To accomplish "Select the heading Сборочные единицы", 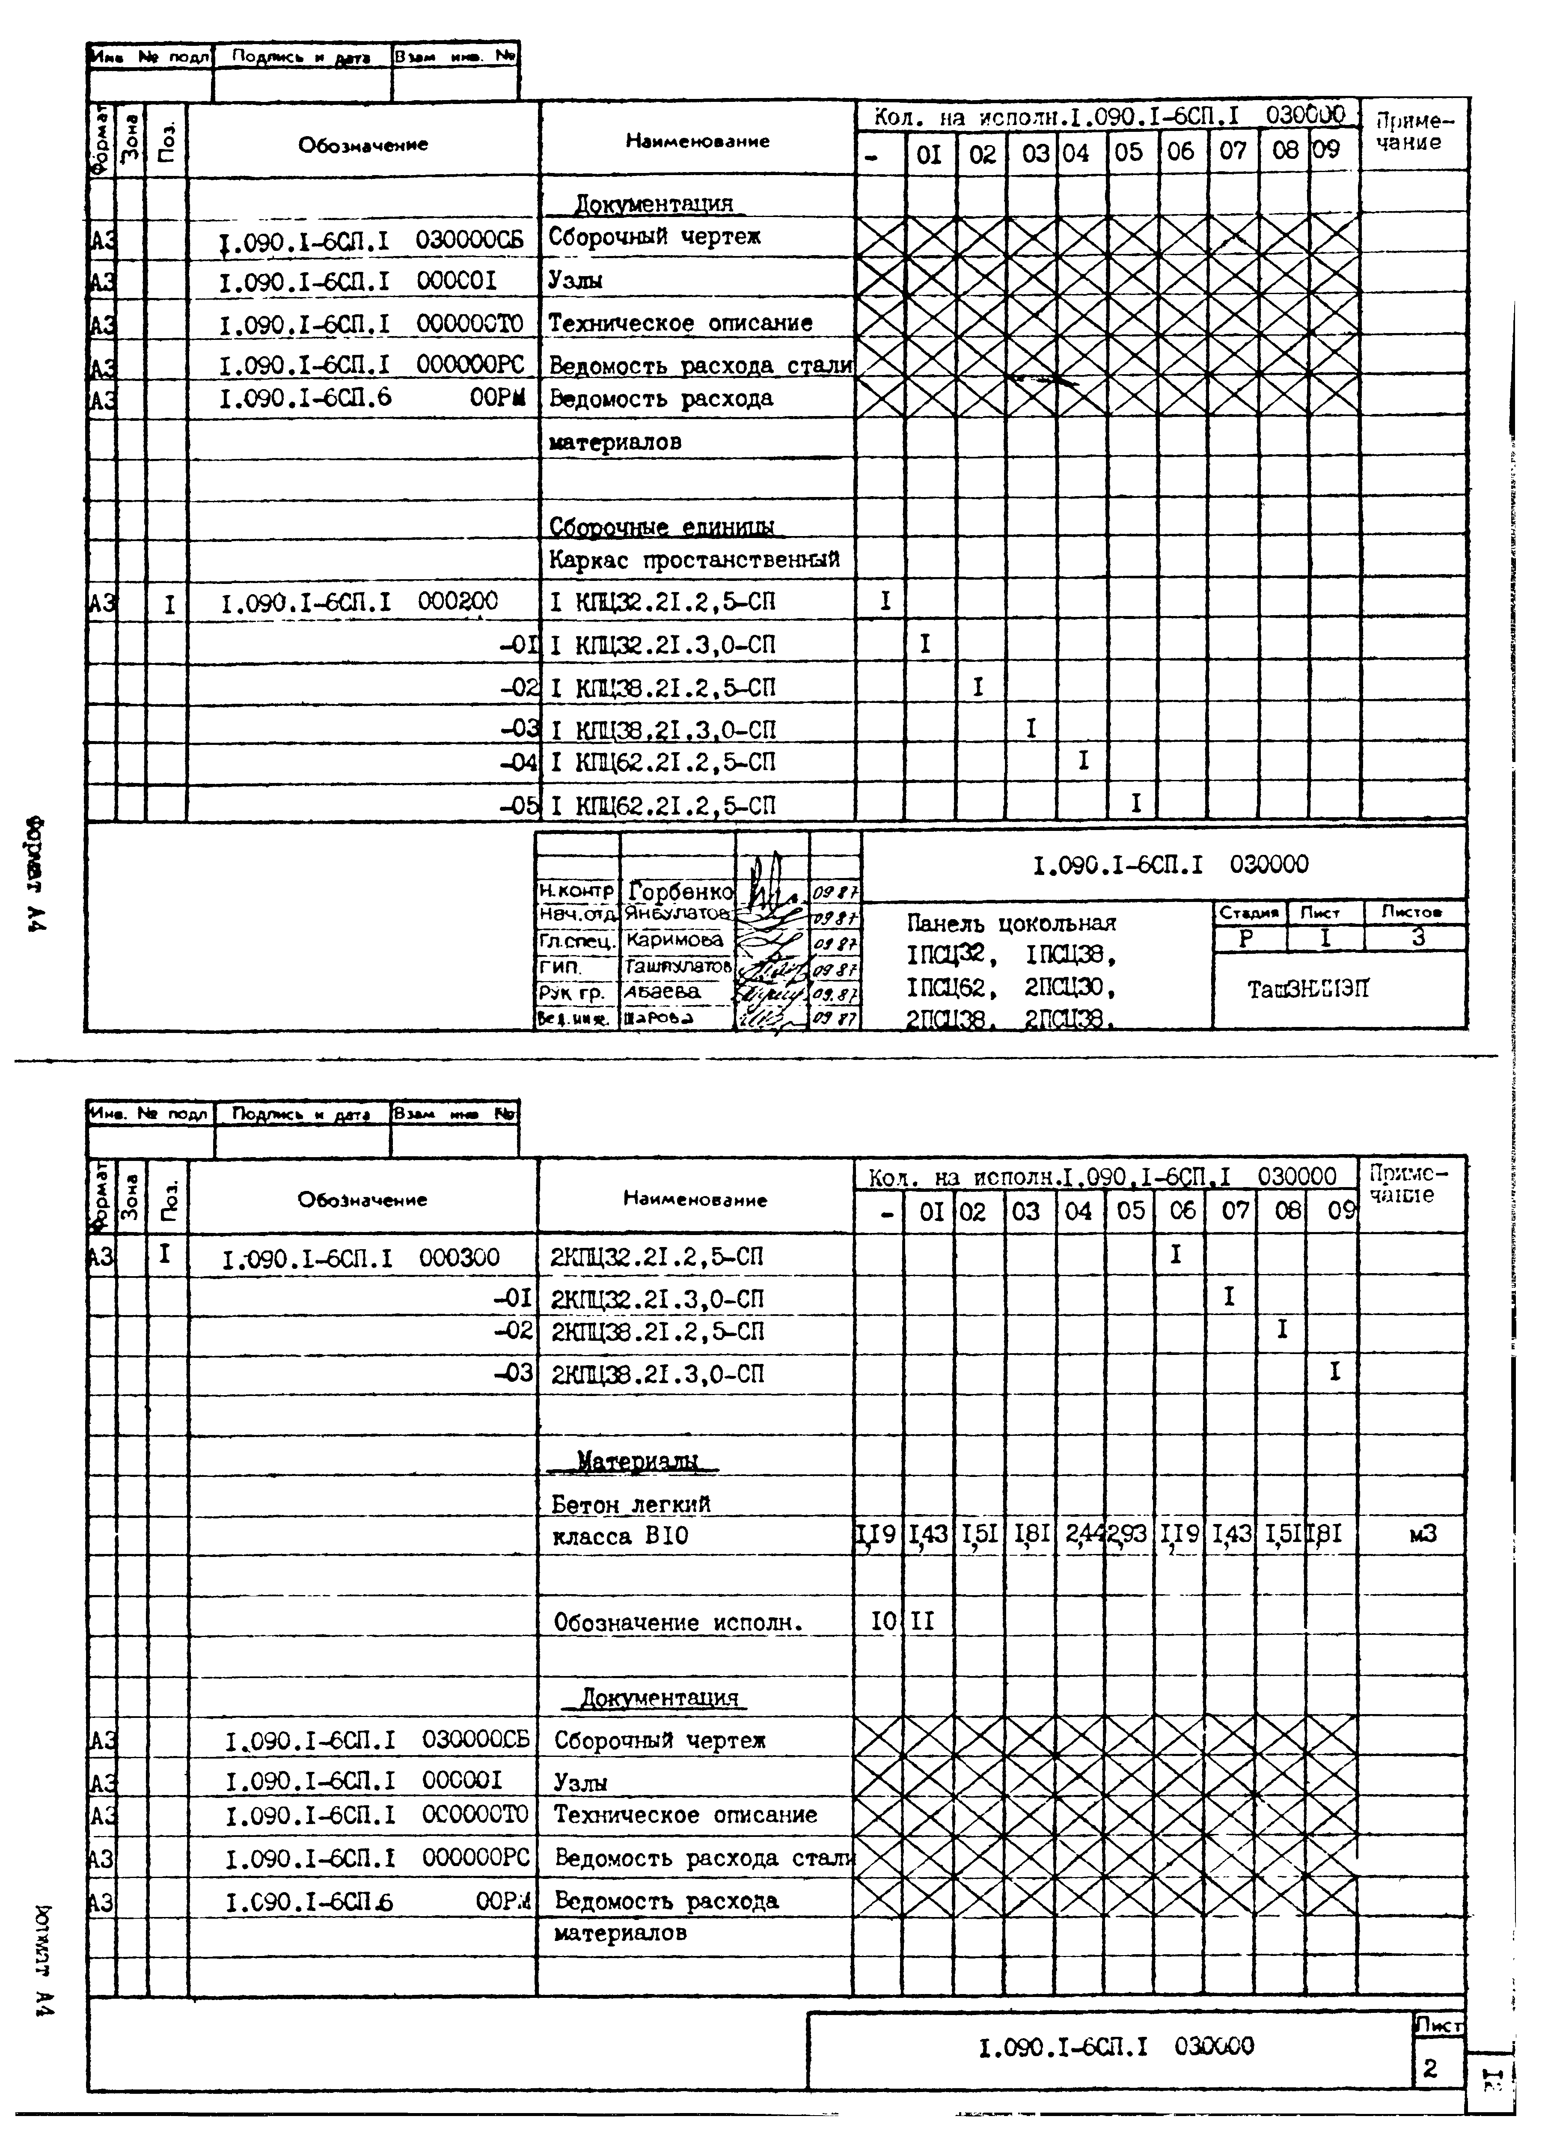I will pyautogui.click(x=661, y=527).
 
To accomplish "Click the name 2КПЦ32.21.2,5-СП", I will pyautogui.click(x=657, y=1257).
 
